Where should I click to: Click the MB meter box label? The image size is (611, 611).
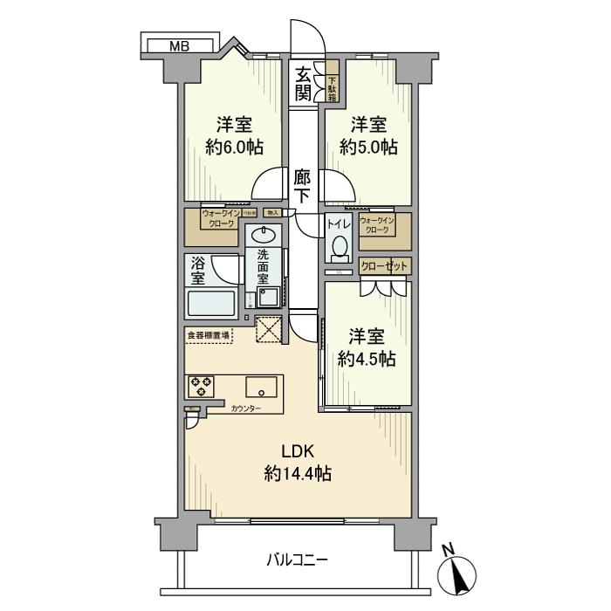pos(180,45)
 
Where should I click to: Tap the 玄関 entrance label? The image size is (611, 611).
pos(303,83)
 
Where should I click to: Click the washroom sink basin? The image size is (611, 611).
pos(262,236)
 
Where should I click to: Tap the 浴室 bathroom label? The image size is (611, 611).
pos(198,270)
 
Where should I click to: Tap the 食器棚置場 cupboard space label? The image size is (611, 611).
pos(208,334)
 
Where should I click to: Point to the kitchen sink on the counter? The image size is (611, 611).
pos(261,387)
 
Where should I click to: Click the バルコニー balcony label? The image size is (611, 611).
pos(297,560)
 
